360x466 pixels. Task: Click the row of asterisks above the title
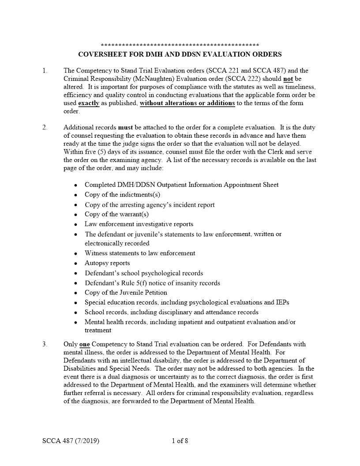click(180, 45)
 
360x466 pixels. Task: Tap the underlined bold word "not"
click(288, 79)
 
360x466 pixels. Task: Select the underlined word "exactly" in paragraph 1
click(89, 103)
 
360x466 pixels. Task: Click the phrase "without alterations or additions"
click(187, 103)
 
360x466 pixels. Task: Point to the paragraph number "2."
click(45, 128)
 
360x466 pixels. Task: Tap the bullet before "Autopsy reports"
click(76, 263)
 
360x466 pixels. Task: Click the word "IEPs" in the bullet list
click(282, 302)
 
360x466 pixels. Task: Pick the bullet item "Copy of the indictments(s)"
click(122, 195)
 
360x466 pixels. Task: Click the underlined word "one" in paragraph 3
click(84, 344)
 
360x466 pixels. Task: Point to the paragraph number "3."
click(45, 344)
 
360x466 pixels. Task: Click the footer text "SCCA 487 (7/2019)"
click(71, 441)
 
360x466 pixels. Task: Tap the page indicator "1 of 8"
click(180, 441)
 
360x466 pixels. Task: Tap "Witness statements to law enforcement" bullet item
click(140, 253)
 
